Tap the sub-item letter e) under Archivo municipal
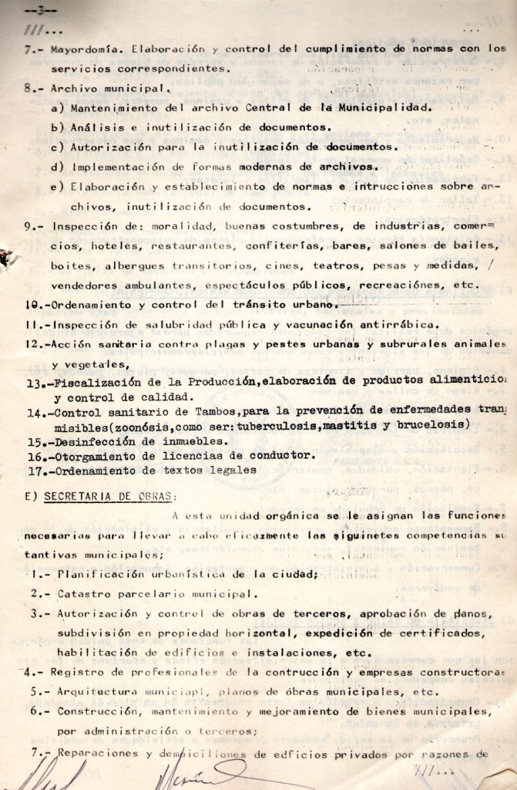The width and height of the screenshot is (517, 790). (x=55, y=187)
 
